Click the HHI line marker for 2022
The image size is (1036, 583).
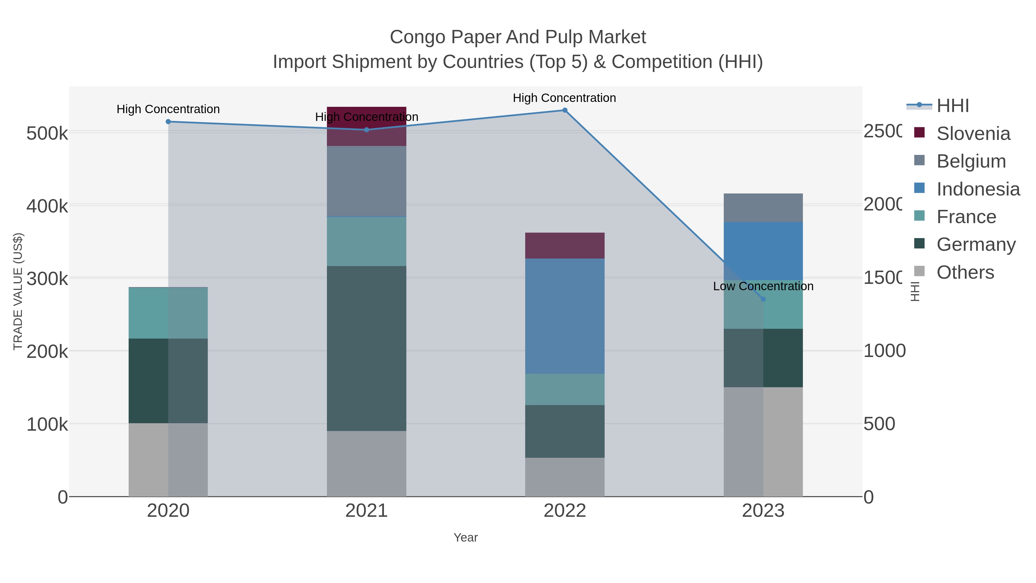point(565,110)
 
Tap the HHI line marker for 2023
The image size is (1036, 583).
point(763,299)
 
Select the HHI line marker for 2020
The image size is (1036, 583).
point(168,121)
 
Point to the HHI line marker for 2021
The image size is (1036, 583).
point(366,130)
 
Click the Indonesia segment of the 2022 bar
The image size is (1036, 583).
point(565,316)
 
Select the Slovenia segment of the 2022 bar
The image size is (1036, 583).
point(565,245)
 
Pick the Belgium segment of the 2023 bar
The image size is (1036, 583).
point(763,208)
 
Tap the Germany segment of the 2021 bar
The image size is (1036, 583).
point(366,348)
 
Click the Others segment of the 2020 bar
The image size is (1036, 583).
point(168,459)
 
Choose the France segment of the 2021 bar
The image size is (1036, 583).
point(366,242)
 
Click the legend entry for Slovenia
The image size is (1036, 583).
point(973,134)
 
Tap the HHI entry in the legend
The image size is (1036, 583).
point(952,106)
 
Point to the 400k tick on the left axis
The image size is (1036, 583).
point(47,206)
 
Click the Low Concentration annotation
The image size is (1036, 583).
point(763,286)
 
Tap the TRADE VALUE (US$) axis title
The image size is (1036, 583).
point(18,291)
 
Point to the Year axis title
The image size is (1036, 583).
point(465,538)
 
